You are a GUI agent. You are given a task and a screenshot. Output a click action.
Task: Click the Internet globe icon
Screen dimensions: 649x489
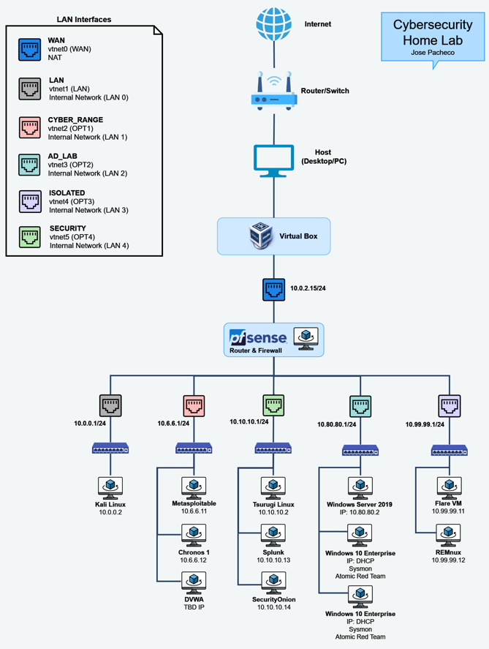[x=274, y=23]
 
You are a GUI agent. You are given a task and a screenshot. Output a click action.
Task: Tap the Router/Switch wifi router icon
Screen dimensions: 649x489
[x=274, y=91]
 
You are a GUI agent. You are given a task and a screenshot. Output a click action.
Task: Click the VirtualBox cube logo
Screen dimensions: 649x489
[x=261, y=236]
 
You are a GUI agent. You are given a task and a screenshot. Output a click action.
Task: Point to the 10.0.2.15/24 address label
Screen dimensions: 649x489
[x=307, y=288]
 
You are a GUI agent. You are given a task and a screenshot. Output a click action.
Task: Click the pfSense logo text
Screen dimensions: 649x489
[x=258, y=338]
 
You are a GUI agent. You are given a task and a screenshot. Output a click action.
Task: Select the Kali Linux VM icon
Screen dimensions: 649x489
[x=110, y=487]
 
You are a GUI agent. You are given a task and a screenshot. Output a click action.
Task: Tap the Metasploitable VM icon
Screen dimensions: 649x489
[x=194, y=487]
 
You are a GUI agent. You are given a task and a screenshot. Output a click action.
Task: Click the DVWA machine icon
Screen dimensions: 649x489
[x=194, y=582]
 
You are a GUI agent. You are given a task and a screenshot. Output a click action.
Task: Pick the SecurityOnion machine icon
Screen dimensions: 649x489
[x=273, y=582]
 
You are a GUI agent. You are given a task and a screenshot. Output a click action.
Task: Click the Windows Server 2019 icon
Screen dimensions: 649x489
[x=360, y=487]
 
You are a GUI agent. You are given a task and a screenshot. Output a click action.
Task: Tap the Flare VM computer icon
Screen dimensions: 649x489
[x=448, y=487]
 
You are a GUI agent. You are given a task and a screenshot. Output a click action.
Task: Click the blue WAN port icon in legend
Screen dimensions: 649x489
[x=30, y=49]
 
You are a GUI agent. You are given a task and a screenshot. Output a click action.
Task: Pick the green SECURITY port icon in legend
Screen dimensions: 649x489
[x=30, y=237]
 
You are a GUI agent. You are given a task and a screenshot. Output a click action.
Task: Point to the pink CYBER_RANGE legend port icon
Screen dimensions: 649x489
[x=30, y=127]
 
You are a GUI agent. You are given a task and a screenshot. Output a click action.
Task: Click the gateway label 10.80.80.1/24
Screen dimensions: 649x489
[x=337, y=424]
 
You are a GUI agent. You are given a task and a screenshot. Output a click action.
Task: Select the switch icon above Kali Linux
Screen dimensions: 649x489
[x=110, y=449]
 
